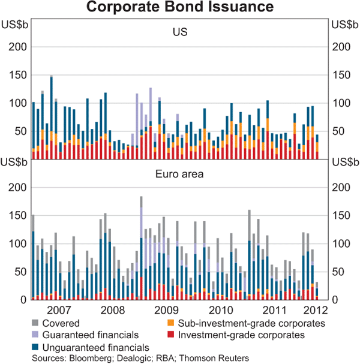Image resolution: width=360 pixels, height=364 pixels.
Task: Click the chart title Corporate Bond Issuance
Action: [x=179, y=8]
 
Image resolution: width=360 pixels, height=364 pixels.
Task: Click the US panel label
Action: [x=179, y=31]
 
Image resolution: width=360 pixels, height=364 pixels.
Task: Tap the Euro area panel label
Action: [x=179, y=175]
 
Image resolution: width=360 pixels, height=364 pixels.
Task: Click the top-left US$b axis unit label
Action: [x=14, y=24]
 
